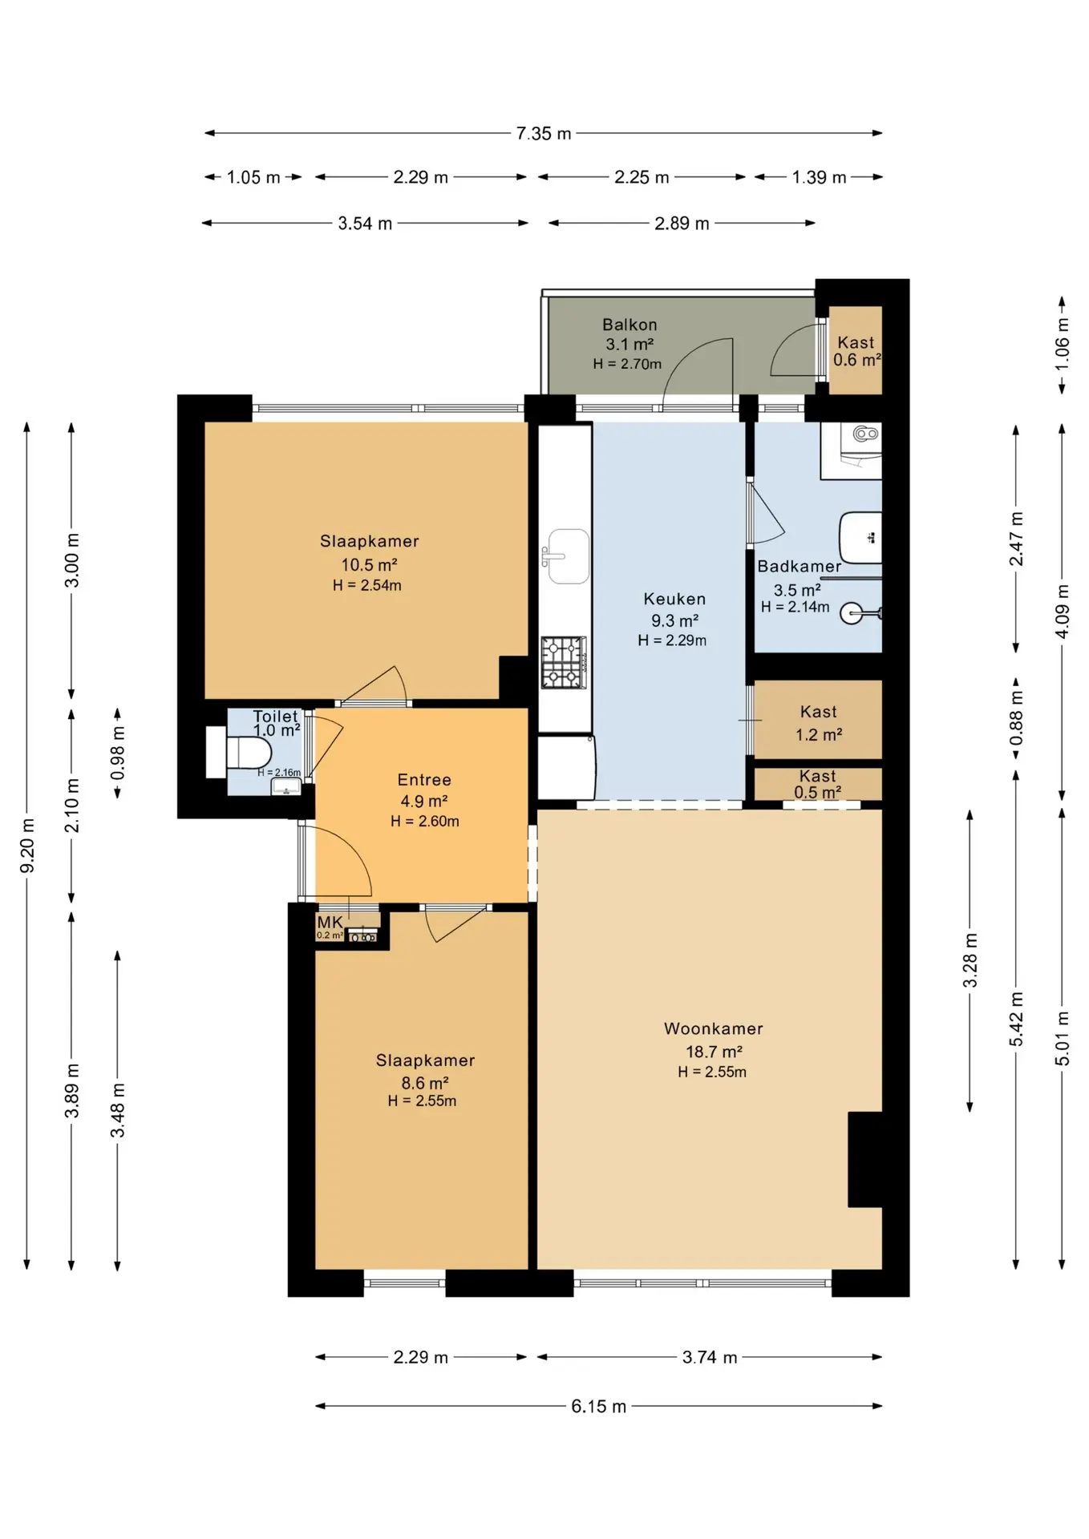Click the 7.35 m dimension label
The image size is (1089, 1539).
543,133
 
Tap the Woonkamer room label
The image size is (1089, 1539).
713,1028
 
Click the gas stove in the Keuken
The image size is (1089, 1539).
564,662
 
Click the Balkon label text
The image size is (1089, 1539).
630,325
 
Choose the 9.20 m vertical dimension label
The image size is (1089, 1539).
27,846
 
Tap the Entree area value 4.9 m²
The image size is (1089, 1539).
424,801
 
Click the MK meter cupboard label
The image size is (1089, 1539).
330,923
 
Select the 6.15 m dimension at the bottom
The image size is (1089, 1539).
598,1406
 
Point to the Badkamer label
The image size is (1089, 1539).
799,566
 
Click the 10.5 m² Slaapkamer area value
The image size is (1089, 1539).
369,564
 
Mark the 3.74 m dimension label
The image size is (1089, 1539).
709,1357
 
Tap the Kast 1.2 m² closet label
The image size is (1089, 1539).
818,723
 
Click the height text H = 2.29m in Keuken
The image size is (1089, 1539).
672,640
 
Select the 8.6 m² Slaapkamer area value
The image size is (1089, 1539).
424,1083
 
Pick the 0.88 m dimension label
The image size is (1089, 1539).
1016,717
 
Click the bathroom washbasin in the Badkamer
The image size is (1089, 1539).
860,537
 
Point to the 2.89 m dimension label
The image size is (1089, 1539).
682,224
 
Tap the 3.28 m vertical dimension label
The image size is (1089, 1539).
970,960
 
